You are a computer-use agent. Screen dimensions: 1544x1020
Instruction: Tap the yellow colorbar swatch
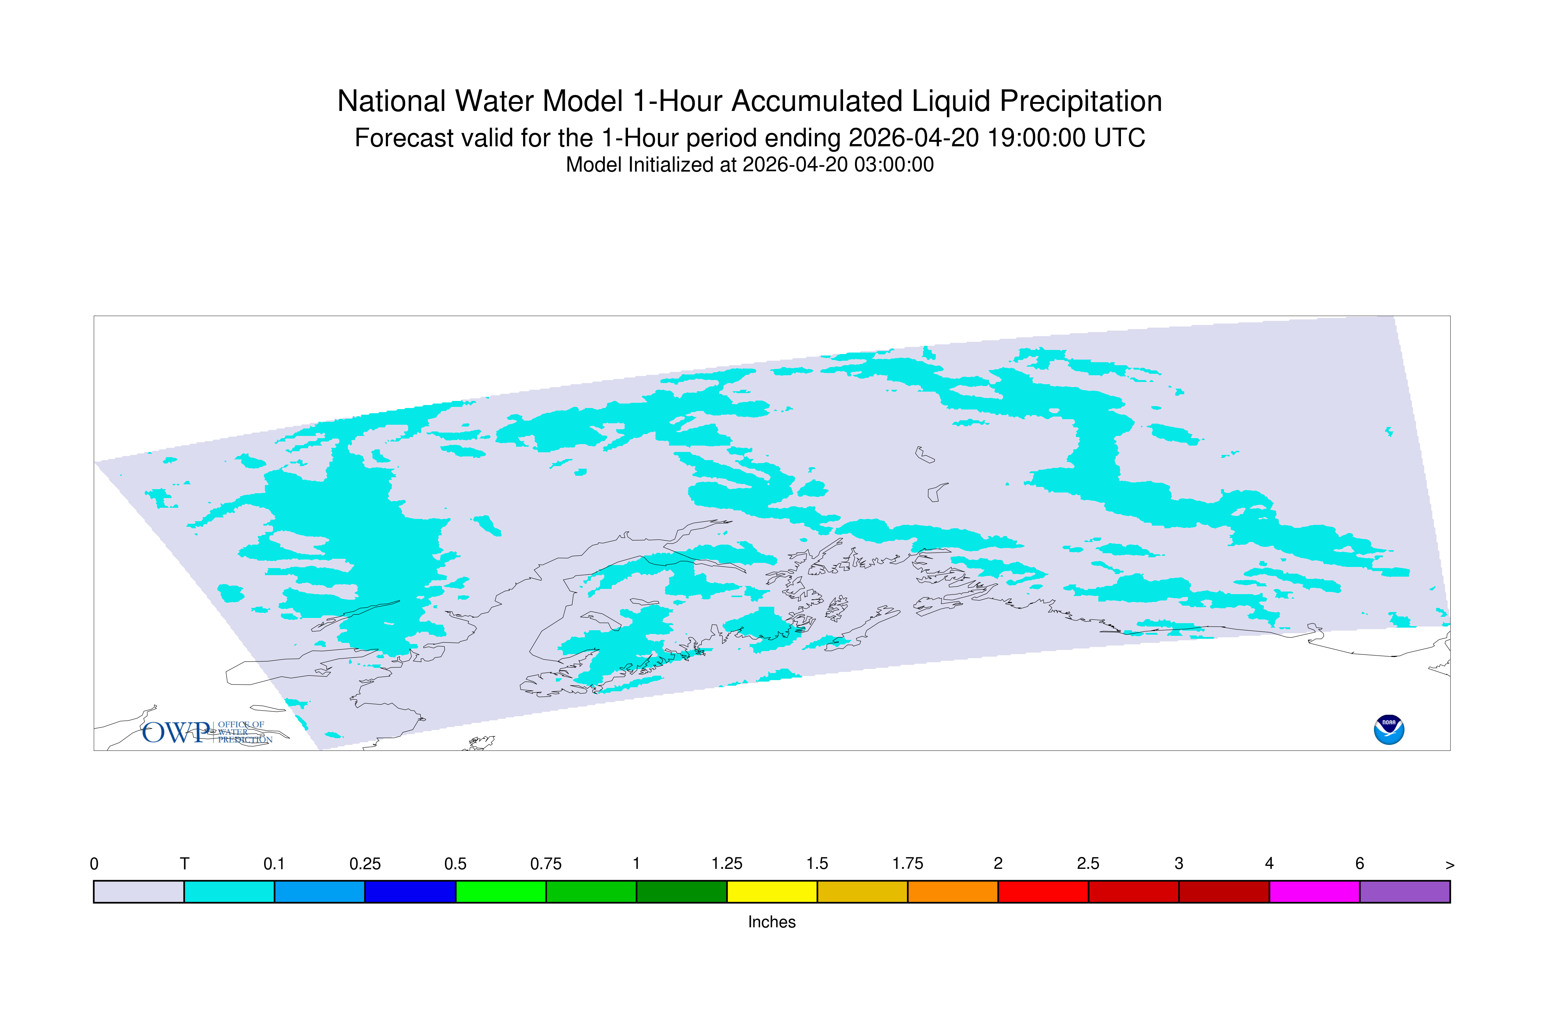[772, 892]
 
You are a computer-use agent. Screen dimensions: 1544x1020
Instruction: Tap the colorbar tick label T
[185, 864]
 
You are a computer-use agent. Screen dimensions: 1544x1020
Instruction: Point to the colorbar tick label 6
[1359, 864]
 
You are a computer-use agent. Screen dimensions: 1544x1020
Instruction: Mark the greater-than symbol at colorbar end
[1450, 865]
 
